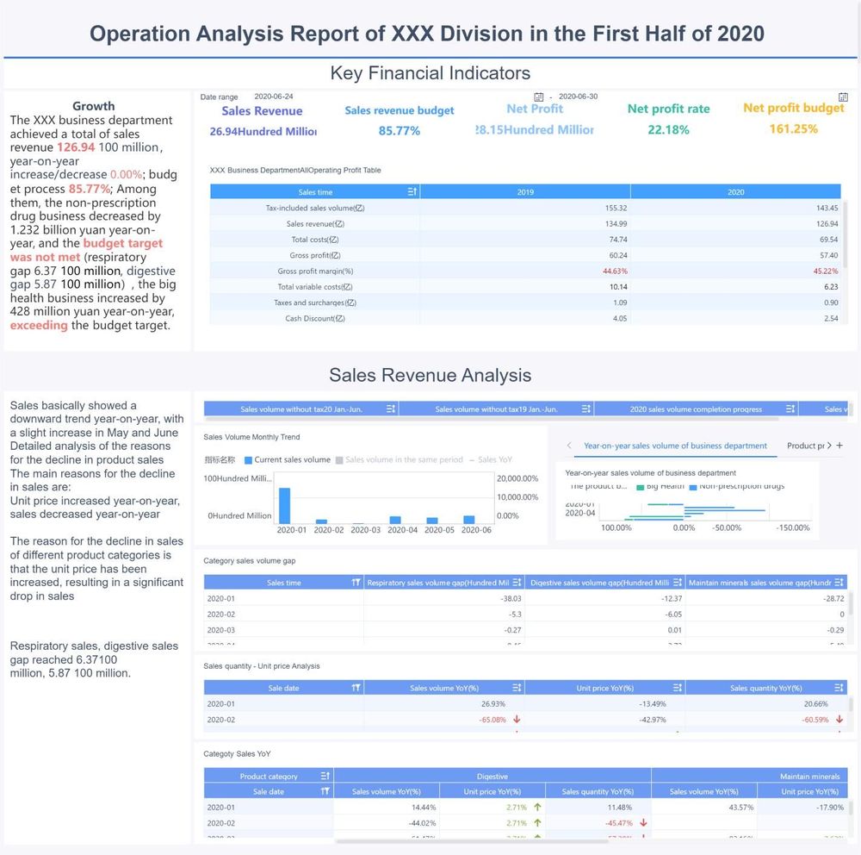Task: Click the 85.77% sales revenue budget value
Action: pos(400,131)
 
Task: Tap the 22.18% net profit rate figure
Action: pos(669,130)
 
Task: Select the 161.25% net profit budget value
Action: pos(794,129)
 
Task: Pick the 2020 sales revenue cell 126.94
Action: pos(828,224)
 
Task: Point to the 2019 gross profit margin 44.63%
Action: pos(615,271)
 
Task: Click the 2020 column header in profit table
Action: pos(735,192)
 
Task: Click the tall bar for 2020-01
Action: pos(285,505)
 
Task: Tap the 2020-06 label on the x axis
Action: pos(476,530)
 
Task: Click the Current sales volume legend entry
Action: pos(287,460)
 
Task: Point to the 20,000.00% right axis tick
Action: pos(517,478)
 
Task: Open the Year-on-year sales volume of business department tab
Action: pos(675,446)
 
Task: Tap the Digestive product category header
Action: pos(492,777)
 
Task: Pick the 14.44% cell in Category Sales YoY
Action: pos(424,808)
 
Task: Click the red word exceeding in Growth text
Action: pos(39,326)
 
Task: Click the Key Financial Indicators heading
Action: pos(430,73)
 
